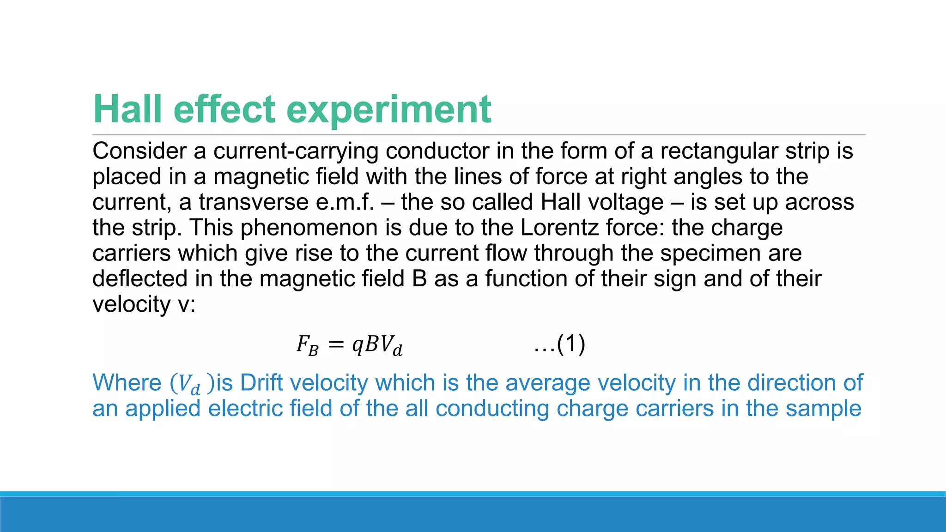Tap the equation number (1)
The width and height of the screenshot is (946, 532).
571,344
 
